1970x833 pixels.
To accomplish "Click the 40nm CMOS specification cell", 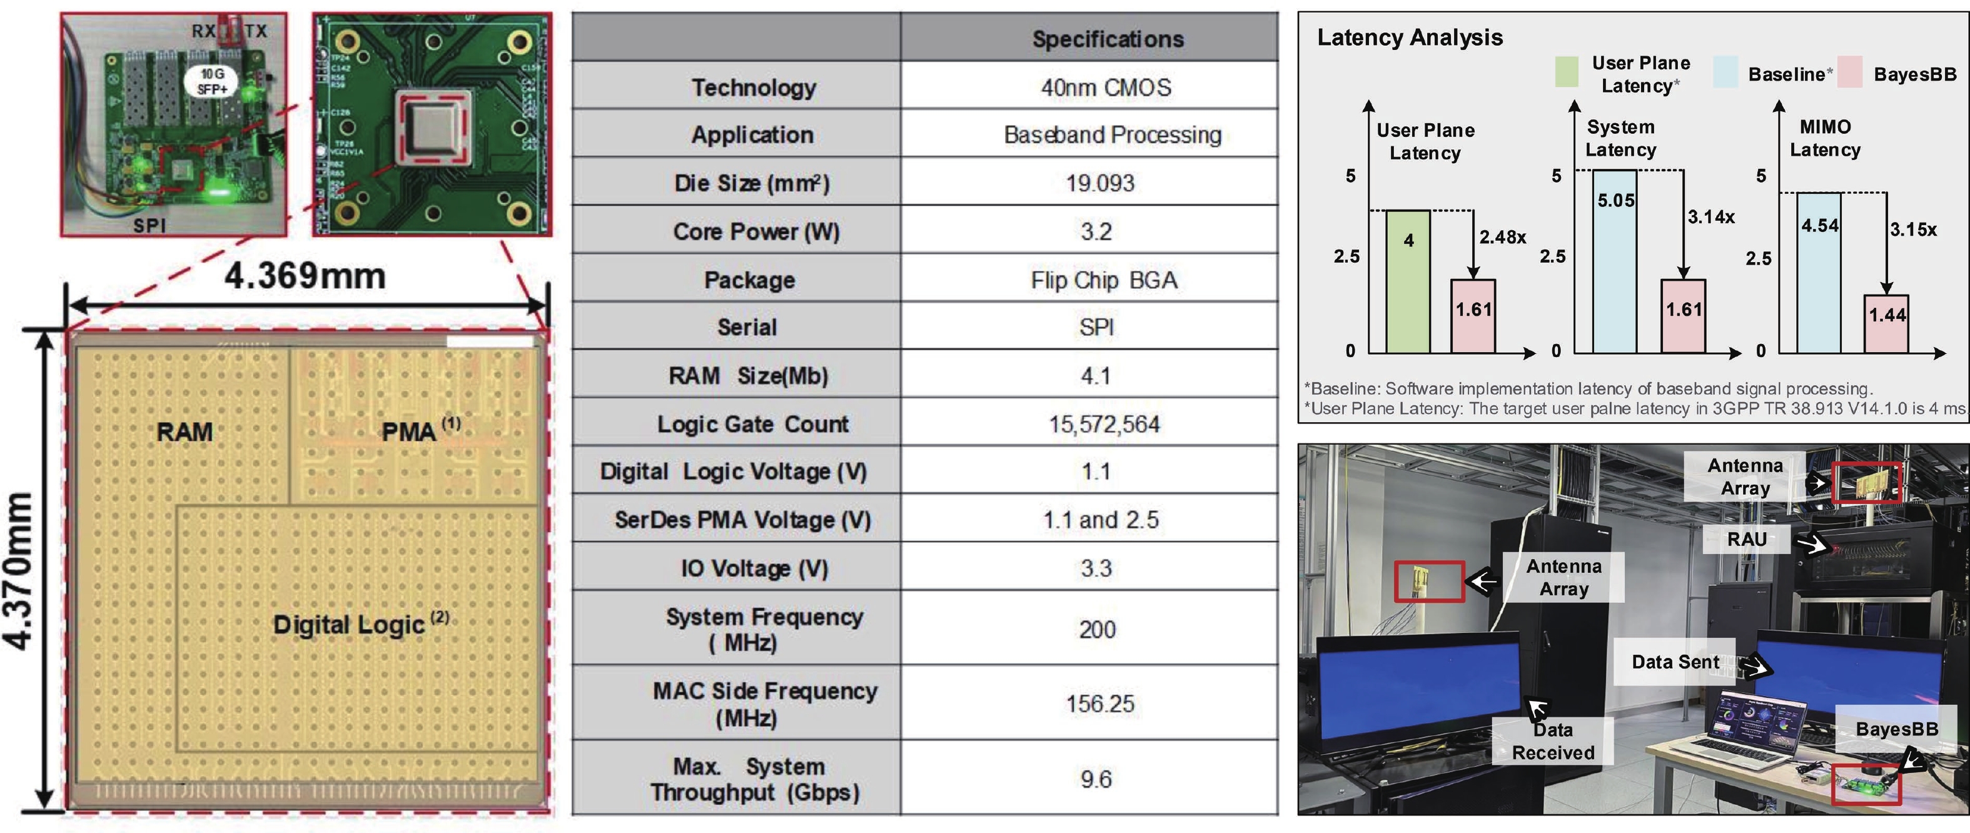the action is coord(1106,87).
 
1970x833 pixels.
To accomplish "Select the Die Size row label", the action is coord(752,183).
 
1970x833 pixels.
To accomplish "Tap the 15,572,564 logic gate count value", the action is coord(1104,424).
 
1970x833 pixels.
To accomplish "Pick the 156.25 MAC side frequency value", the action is coord(1101,704).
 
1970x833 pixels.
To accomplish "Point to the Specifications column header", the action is coord(1108,39).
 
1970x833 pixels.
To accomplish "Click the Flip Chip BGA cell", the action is coord(1104,280).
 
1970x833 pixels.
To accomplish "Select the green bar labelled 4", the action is coord(1408,281).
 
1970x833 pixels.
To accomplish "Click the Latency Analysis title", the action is coord(1410,38).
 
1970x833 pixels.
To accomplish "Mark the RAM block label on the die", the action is coord(184,432).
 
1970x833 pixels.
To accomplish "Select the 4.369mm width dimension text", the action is coord(305,275).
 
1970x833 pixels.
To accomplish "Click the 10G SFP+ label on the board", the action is coord(212,81).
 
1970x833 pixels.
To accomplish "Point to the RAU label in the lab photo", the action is coord(1747,539).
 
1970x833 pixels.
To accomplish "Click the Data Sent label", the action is coord(1675,662).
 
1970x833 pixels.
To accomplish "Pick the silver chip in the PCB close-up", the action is coord(433,127).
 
